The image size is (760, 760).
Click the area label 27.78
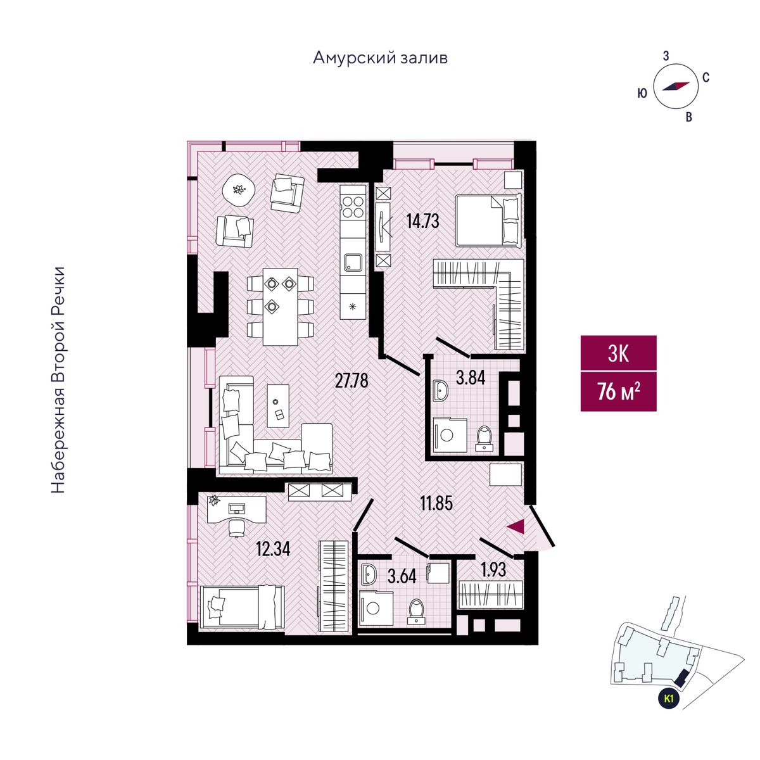pos(351,381)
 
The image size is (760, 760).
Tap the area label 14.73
pos(422,221)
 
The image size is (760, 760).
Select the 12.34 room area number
pos(273,548)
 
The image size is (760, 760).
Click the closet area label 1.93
pos(493,569)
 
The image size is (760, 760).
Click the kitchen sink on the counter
pos(353,262)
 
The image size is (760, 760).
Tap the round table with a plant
pos(239,189)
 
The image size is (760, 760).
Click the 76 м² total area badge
pos(618,391)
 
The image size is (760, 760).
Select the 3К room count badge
pos(618,353)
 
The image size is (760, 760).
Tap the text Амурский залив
pos(380,58)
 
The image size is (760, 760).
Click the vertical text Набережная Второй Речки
pos(58,380)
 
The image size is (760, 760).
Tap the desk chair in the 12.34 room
pos(236,526)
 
